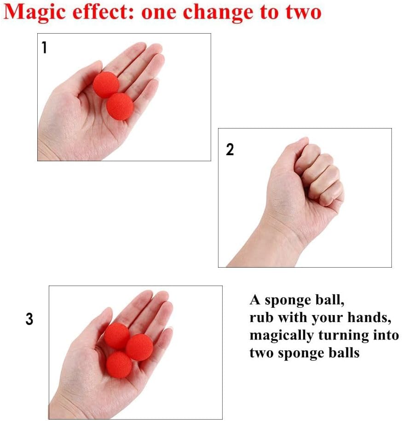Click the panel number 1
tap(44, 47)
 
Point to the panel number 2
tap(230, 149)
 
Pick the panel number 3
tap(29, 319)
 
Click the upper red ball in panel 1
tap(106, 84)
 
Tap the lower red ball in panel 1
tap(120, 106)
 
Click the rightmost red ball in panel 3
tap(139, 347)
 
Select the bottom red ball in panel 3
tap(119, 365)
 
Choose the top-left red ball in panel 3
tap(117, 336)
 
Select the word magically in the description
tap(281, 336)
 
